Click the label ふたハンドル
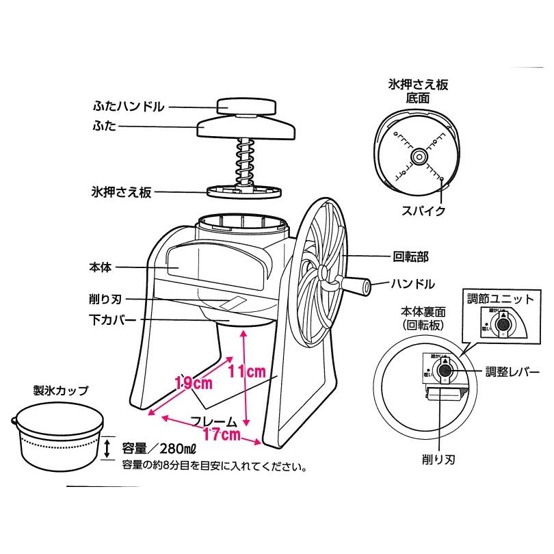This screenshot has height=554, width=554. pyautogui.click(x=128, y=107)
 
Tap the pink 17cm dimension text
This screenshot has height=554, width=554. pyautogui.click(x=221, y=434)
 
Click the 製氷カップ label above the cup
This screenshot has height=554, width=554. pyautogui.click(x=61, y=391)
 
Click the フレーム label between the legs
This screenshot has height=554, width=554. pyautogui.click(x=213, y=421)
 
